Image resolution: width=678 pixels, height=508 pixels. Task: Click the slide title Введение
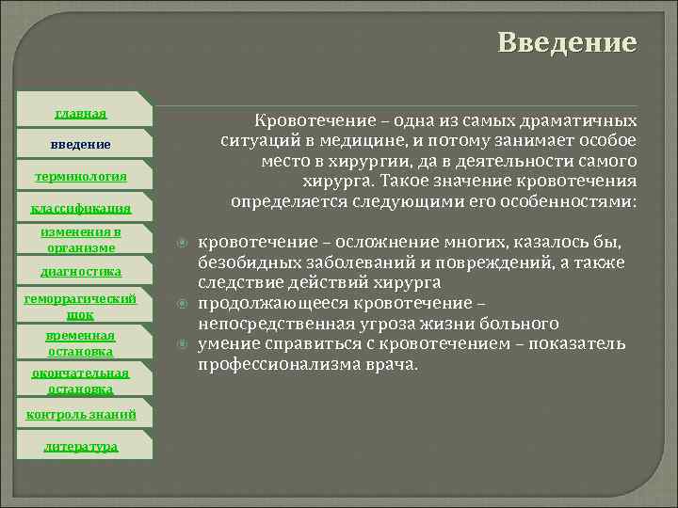(x=567, y=43)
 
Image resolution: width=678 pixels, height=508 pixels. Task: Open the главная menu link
(x=81, y=113)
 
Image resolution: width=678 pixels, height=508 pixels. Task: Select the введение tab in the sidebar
(x=81, y=145)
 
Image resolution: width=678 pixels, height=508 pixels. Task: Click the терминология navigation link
(x=81, y=176)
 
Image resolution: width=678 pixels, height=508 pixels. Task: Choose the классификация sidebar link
(x=81, y=208)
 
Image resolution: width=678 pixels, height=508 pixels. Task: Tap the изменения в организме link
(x=81, y=240)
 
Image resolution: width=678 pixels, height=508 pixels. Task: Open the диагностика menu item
(x=81, y=271)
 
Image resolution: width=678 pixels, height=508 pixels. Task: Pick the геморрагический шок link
(x=81, y=307)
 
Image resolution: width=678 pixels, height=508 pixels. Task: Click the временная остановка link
(x=81, y=343)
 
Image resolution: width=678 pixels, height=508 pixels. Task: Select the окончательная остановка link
(x=81, y=380)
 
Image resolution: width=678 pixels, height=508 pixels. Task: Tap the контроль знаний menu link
(x=81, y=414)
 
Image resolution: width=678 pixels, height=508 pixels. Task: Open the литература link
(x=81, y=446)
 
